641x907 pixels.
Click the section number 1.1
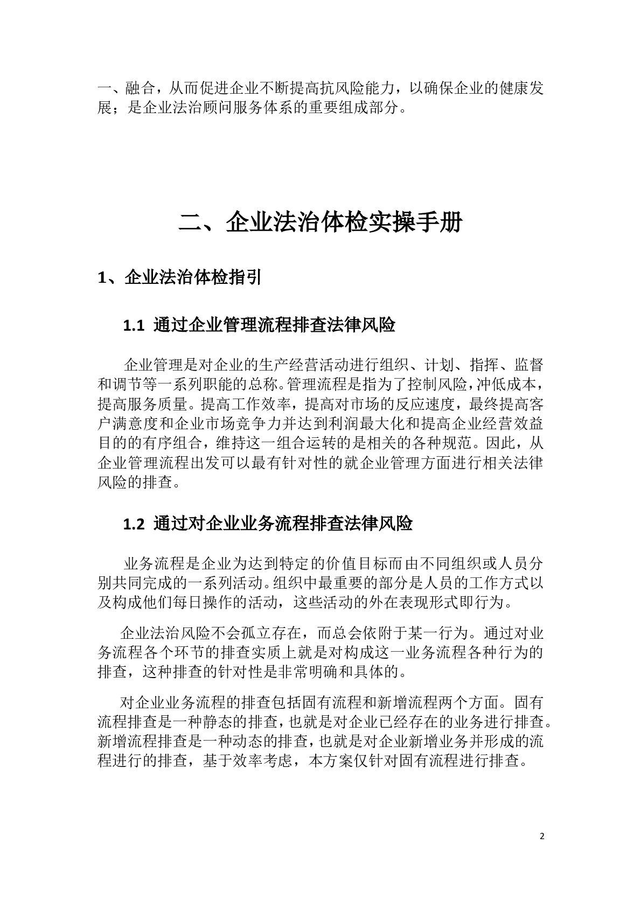tap(134, 326)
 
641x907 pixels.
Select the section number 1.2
tap(134, 524)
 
